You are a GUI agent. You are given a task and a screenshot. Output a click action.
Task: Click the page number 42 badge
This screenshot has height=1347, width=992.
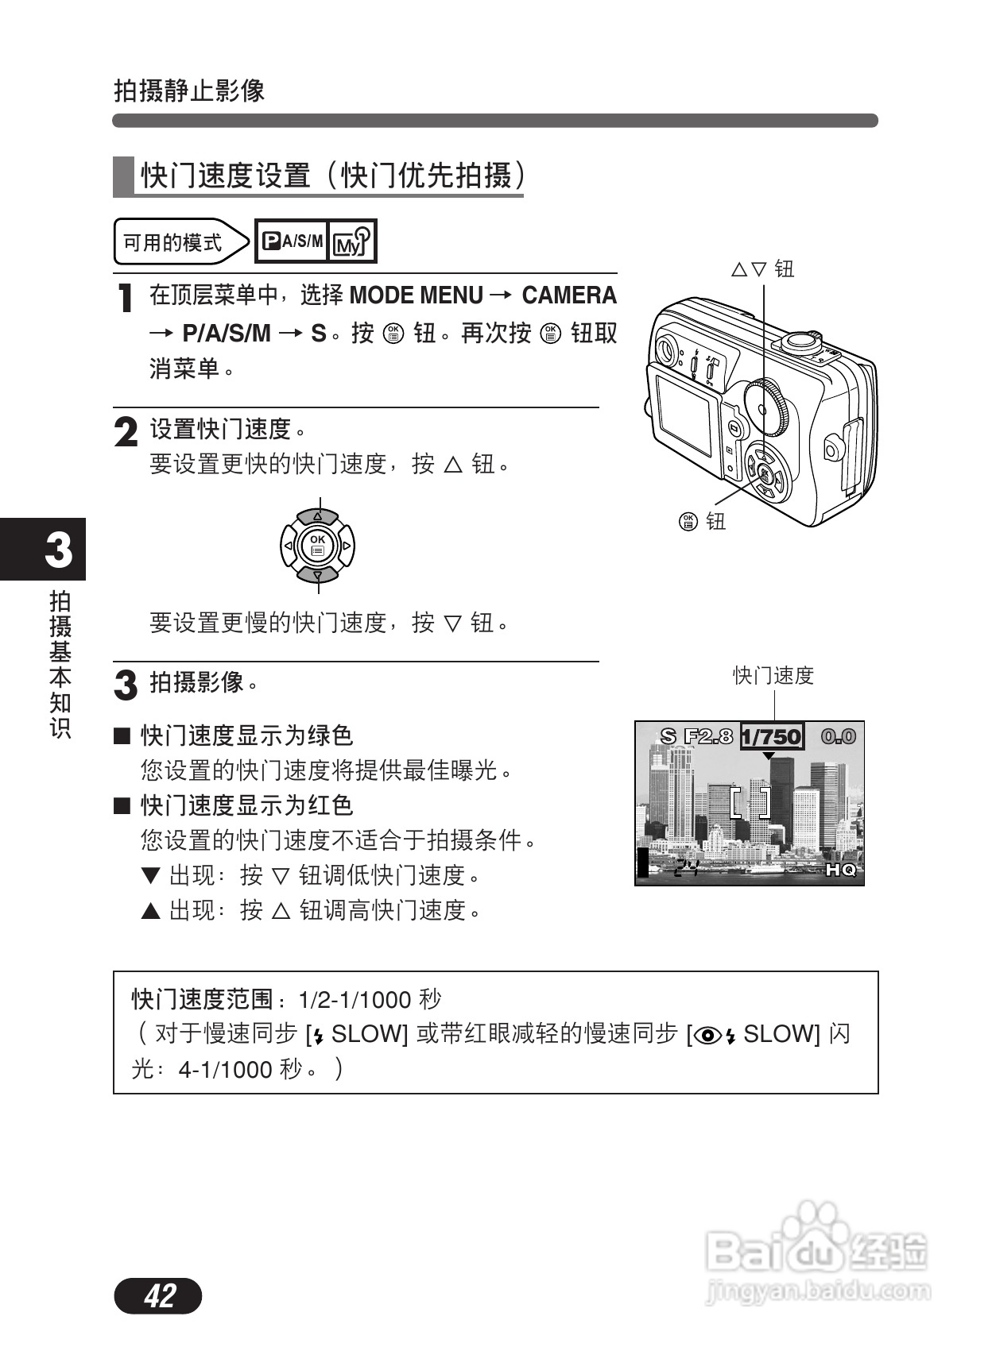(158, 1295)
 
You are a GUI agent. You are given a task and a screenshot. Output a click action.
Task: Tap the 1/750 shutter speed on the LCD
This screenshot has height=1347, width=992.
(771, 737)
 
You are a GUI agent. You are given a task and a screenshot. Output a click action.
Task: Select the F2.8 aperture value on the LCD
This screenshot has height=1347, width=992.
(708, 737)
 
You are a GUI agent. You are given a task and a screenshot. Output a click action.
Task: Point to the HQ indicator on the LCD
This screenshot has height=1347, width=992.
(840, 870)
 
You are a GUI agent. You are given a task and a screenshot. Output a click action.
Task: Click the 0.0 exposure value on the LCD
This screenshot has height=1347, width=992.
(838, 737)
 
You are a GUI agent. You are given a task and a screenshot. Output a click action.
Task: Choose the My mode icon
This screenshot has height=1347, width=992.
(351, 241)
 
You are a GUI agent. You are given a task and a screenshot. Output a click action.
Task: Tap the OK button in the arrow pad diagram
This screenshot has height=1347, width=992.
(318, 545)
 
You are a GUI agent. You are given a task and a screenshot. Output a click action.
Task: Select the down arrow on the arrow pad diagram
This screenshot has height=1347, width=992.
(318, 573)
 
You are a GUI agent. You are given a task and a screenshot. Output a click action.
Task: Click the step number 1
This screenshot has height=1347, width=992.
(125, 299)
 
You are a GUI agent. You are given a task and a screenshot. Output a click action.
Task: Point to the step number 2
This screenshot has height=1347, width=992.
(126, 432)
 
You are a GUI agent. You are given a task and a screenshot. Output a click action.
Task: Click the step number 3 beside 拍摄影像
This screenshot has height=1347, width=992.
(126, 685)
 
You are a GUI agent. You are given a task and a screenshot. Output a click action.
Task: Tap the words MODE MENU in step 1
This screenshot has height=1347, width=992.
(416, 295)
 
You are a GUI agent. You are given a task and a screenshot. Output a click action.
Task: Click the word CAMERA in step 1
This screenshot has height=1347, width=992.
(568, 295)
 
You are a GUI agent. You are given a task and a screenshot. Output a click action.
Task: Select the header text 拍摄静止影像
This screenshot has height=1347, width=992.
(189, 91)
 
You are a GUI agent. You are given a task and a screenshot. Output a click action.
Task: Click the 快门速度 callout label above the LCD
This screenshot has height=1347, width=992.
(773, 676)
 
